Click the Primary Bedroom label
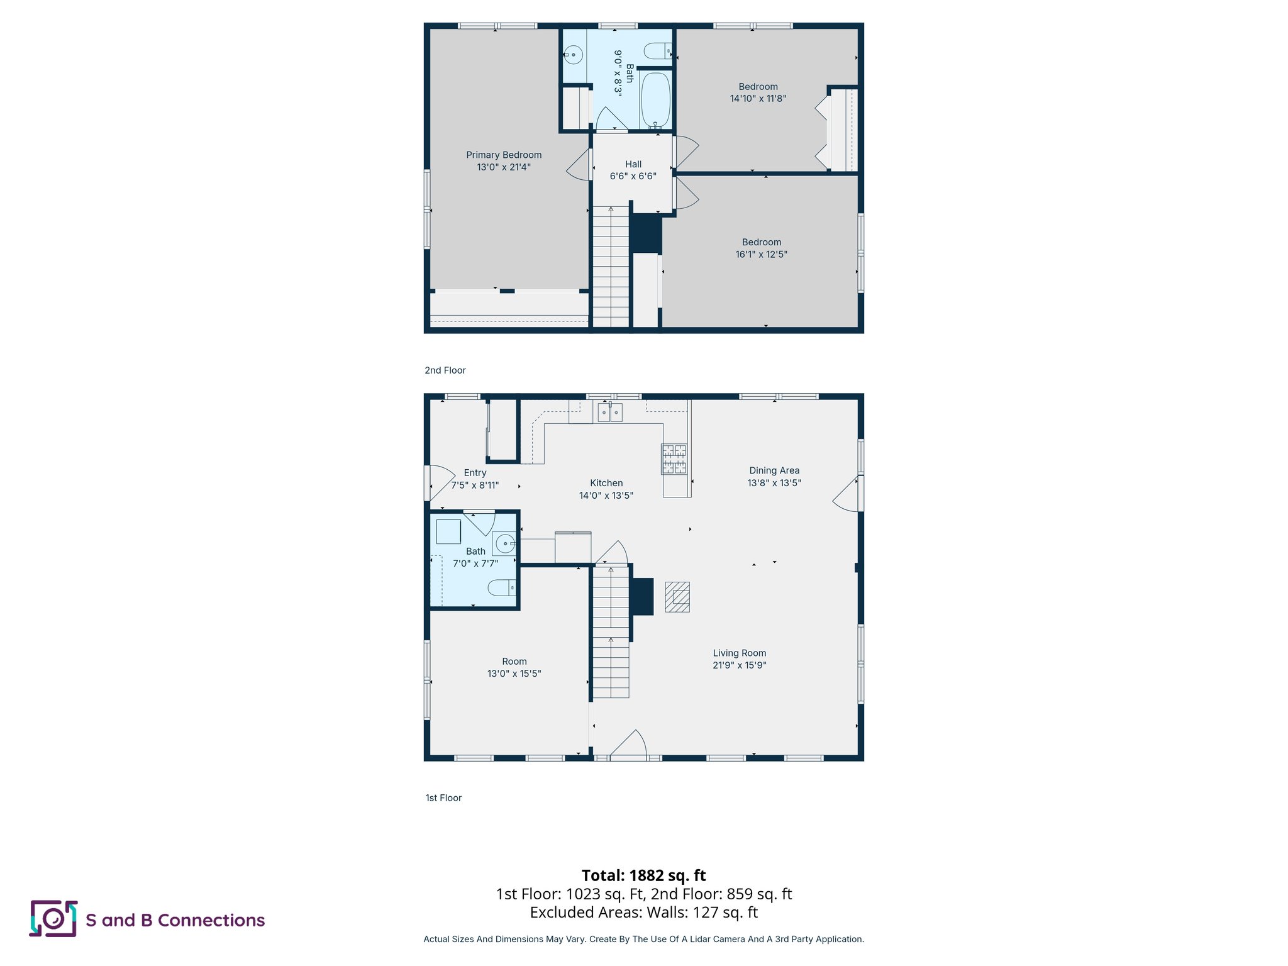tap(504, 155)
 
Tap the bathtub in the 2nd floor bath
tap(655, 100)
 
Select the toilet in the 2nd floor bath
tap(658, 51)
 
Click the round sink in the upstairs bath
tap(573, 55)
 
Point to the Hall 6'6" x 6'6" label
tap(633, 170)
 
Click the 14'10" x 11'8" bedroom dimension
tap(758, 99)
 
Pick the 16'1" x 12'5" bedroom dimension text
tap(761, 255)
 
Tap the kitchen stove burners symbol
tap(674, 459)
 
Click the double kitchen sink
tap(609, 413)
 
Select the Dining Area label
tap(774, 470)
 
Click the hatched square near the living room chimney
tap(677, 597)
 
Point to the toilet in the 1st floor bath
tap(502, 588)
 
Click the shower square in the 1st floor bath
tap(448, 532)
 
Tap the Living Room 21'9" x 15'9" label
tap(739, 659)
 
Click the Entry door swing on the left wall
tap(440, 481)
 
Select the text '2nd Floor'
tap(445, 370)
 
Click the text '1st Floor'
tap(443, 798)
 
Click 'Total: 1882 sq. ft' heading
tap(643, 875)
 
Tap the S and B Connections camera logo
tap(53, 919)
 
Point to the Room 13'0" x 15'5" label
tap(514, 667)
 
